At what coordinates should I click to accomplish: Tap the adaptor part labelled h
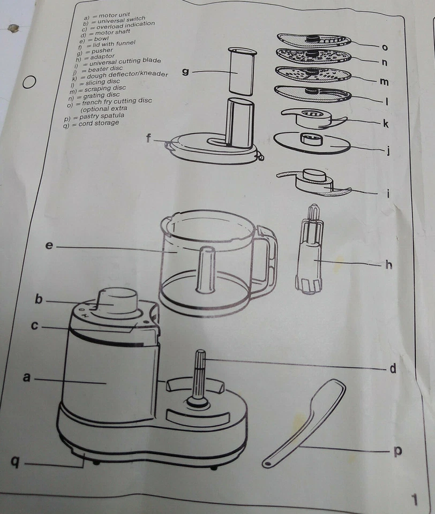pos(310,252)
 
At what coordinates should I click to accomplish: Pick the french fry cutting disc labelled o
pos(314,40)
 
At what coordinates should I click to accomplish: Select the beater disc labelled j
pos(311,142)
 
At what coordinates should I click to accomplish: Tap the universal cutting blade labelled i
pos(314,180)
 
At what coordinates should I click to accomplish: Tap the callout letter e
pos(49,246)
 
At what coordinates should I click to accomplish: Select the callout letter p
pos(397,451)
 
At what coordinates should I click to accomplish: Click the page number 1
pos(414,500)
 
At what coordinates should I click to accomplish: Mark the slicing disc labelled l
pos(313,94)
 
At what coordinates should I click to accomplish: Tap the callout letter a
pos(27,377)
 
